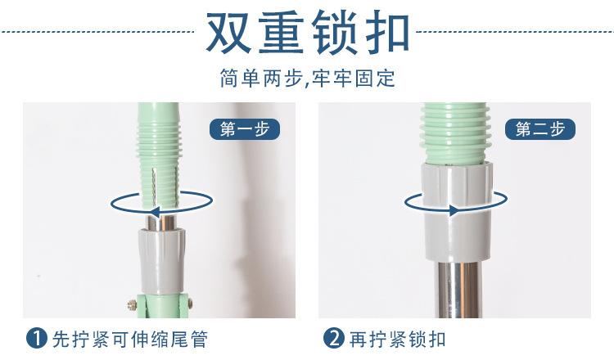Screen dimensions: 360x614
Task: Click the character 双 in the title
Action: tap(229, 33)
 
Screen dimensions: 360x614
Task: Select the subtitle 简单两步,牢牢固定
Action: tap(307, 79)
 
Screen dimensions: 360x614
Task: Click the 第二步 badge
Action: tap(540, 128)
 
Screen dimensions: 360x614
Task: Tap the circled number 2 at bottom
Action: tap(334, 338)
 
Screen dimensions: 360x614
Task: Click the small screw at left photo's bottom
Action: tap(129, 304)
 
